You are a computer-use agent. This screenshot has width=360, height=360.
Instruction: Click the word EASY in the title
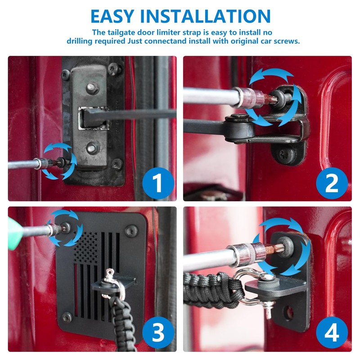pyautogui.click(x=112, y=16)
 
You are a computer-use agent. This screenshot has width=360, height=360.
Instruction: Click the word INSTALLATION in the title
pyautogui.click(x=205, y=16)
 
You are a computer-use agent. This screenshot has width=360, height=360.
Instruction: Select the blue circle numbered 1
pyautogui.click(x=158, y=183)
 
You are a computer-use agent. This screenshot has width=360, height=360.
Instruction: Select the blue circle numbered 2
pyautogui.click(x=332, y=183)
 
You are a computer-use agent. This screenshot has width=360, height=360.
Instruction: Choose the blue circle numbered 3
pyautogui.click(x=158, y=333)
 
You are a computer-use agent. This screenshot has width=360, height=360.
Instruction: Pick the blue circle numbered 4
pyautogui.click(x=332, y=333)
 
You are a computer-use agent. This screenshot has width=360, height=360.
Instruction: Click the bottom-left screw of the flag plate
pyautogui.click(x=67, y=318)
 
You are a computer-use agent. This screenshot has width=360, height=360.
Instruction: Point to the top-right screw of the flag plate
pyautogui.click(x=131, y=231)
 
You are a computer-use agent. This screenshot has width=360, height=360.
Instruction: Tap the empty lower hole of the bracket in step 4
pyautogui.click(x=288, y=313)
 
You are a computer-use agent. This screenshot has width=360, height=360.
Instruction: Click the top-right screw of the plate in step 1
pyautogui.click(x=114, y=69)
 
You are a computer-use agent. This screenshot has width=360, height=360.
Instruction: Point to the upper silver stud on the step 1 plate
pyautogui.click(x=92, y=87)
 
